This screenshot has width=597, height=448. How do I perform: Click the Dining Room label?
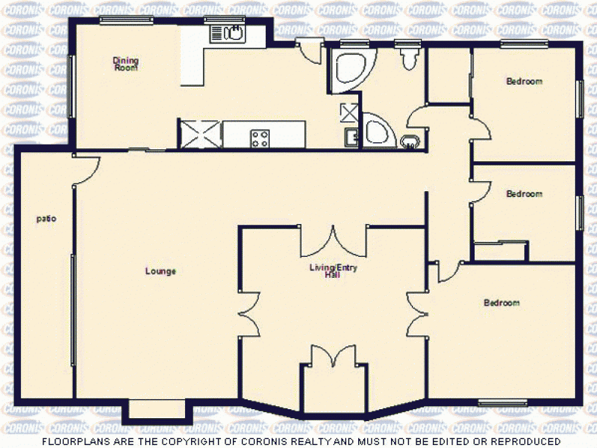click(x=126, y=63)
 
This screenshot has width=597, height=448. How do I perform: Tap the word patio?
click(x=46, y=219)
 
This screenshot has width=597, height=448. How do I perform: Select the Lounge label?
click(x=161, y=272)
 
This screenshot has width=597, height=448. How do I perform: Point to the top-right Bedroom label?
click(x=524, y=82)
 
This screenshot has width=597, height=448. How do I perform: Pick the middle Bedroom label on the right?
click(x=524, y=194)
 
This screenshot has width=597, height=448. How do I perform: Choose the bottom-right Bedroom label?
click(x=501, y=303)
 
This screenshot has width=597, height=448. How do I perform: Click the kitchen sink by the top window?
click(x=235, y=33)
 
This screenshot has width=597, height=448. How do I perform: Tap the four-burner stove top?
click(x=260, y=139)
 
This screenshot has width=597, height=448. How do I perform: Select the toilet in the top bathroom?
click(x=410, y=59)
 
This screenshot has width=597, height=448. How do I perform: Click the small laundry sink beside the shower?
click(x=351, y=138)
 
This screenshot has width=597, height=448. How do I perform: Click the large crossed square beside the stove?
click(x=201, y=133)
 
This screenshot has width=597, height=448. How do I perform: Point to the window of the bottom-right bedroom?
click(x=502, y=402)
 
